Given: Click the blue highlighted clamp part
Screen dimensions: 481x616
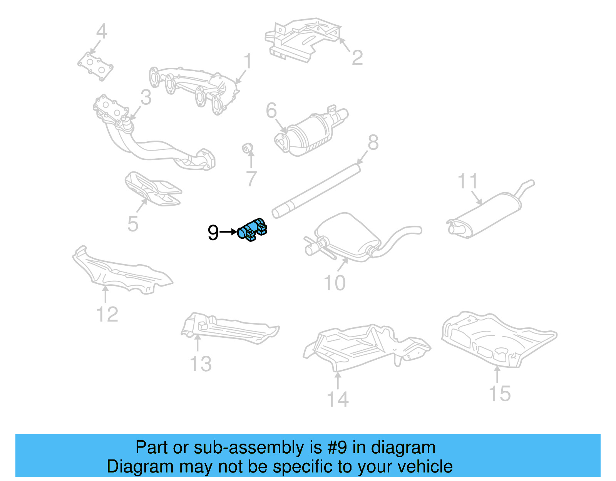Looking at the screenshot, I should pyautogui.click(x=252, y=230).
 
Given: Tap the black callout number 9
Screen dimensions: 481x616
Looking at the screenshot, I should pyautogui.click(x=213, y=233).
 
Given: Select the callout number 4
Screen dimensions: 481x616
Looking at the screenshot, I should pyautogui.click(x=101, y=32).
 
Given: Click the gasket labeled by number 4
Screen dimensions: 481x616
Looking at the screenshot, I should pyautogui.click(x=95, y=67).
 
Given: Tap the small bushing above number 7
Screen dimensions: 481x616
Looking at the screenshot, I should pyautogui.click(x=248, y=148).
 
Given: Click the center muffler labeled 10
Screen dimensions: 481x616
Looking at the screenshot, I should pyautogui.click(x=346, y=235).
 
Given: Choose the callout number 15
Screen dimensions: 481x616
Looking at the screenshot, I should pyautogui.click(x=499, y=394).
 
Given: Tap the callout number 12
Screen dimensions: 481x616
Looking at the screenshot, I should pyautogui.click(x=107, y=314).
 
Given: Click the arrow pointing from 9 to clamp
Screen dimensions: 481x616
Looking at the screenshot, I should pyautogui.click(x=228, y=232).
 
